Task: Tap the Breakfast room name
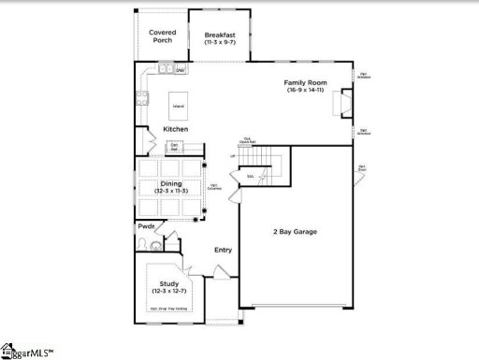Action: pos(219,36)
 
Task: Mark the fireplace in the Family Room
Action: pos(344,101)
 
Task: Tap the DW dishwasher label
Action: pos(180,70)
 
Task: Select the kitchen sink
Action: pos(166,68)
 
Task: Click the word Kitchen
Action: pos(176,128)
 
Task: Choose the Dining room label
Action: pos(171,183)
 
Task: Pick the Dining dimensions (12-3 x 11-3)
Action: pos(171,192)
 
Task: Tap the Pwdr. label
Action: pos(147,226)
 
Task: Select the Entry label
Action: pos(223,250)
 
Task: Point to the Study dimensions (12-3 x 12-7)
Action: pos(168,291)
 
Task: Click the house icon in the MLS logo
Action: pos(8,350)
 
